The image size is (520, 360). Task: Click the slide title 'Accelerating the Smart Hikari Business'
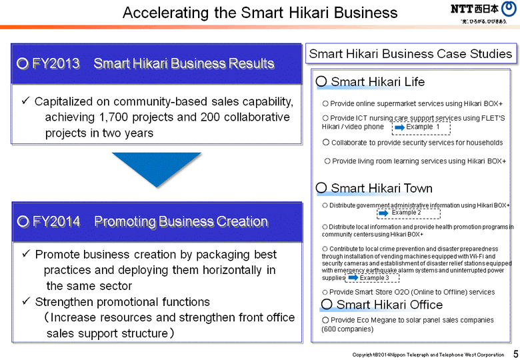pyautogui.click(x=260, y=13)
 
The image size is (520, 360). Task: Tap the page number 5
pyautogui.click(x=515, y=353)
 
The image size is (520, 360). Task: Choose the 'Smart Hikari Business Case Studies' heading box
pyautogui.click(x=411, y=54)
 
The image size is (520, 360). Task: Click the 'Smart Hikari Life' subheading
pyautogui.click(x=377, y=82)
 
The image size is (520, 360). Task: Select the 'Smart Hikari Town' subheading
pyautogui.click(x=381, y=189)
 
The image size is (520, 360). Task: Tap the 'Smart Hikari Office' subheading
pyautogui.click(x=389, y=305)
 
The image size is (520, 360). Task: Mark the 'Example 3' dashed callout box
pyautogui.click(x=373, y=278)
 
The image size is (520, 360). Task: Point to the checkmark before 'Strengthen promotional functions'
pyautogui.click(x=25, y=301)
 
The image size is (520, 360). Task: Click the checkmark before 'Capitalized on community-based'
pyautogui.click(x=25, y=101)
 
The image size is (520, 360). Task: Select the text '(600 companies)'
pyautogui.click(x=347, y=329)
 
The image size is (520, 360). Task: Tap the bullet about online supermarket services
pyautogui.click(x=412, y=104)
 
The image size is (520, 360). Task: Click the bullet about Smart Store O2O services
pyautogui.click(x=408, y=292)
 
